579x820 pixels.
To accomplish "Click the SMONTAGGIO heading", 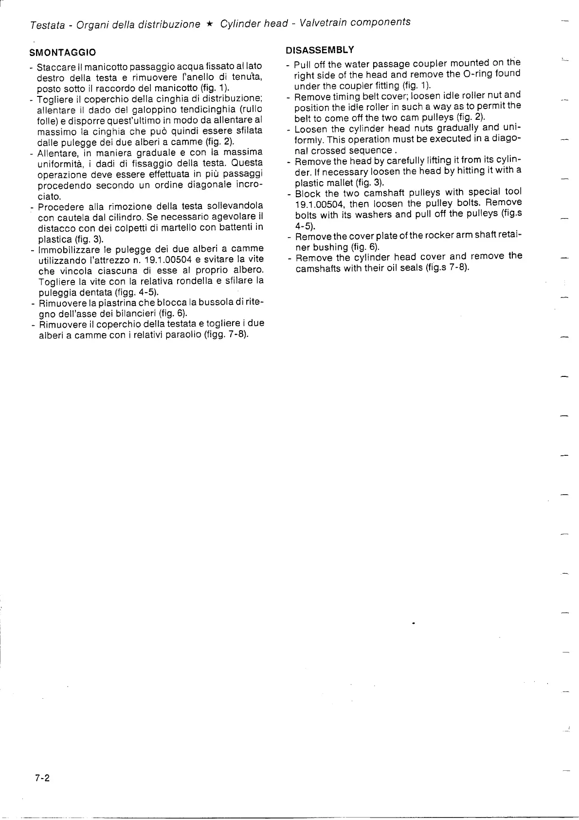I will coord(62,53).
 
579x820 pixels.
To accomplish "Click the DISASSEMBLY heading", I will coord(319,50).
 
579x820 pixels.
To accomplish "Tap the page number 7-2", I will coord(42,778).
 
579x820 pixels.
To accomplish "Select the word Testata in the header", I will coord(47,25).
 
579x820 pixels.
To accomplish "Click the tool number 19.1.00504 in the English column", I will coord(318,204).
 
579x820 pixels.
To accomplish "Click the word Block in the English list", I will coord(308,193).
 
